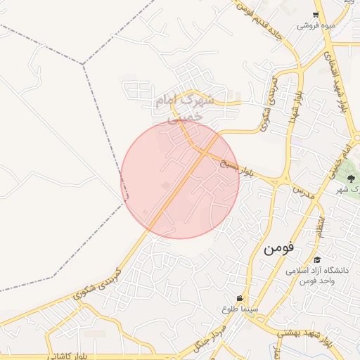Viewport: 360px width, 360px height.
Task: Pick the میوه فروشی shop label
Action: pyautogui.click(x=316, y=26)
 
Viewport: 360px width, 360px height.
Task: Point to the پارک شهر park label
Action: pyautogui.click(x=345, y=190)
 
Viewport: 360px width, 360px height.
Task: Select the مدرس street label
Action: pyautogui.click(x=301, y=191)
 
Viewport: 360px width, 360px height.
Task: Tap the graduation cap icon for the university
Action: pyautogui.click(x=317, y=260)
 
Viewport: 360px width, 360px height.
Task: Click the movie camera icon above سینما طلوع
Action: pyautogui.click(x=240, y=298)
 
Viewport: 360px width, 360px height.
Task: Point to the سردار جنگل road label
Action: pyautogui.click(x=210, y=336)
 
